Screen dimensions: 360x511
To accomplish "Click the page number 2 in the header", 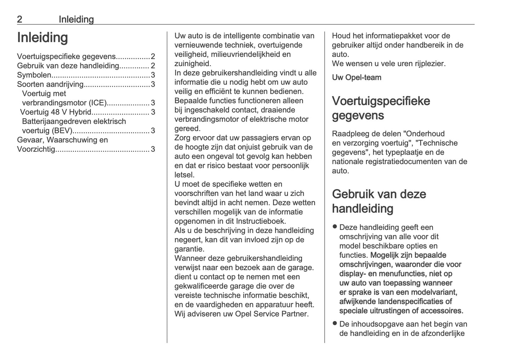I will [x=20, y=19].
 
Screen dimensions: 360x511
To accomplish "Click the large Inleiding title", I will [x=42, y=37].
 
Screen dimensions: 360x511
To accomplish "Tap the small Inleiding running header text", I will [x=76, y=19].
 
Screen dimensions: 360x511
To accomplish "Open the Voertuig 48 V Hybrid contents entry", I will [x=56, y=112].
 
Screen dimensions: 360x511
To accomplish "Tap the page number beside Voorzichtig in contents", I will [x=153, y=149].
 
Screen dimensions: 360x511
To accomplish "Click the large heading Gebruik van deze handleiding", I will [x=379, y=201].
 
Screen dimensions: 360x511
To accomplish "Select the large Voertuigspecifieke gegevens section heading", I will [x=381, y=108].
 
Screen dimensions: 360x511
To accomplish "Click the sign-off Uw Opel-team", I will [x=356, y=77].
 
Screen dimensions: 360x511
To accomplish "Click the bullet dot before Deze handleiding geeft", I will [x=335, y=227].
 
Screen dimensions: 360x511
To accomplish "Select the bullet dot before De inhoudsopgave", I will [x=335, y=323].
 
